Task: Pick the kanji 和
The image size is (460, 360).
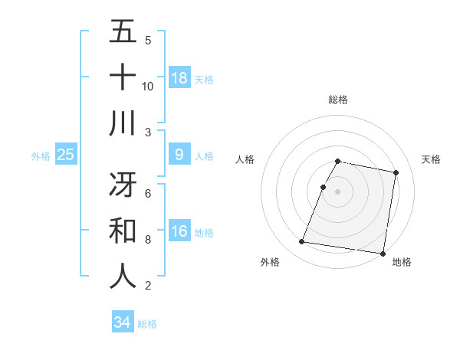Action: [x=123, y=230]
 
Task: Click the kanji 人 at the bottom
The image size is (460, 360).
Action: [x=123, y=276]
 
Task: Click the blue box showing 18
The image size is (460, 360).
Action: [x=179, y=77]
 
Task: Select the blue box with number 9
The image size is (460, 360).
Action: [x=179, y=155]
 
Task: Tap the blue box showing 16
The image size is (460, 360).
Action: [x=179, y=232]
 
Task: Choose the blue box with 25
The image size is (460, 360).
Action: [x=65, y=155]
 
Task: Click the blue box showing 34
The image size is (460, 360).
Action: [x=122, y=322]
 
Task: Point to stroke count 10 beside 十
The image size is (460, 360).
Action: [x=147, y=86]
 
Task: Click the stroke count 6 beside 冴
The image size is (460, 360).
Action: [x=148, y=193]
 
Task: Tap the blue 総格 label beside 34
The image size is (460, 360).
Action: [x=147, y=324]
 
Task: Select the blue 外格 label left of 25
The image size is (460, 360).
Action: [x=41, y=156]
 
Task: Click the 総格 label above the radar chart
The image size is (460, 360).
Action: [x=338, y=100]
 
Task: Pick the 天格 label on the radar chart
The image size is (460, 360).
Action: [x=432, y=159]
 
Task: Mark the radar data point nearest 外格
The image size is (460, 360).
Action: [x=302, y=242]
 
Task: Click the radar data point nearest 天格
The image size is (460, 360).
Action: [x=396, y=173]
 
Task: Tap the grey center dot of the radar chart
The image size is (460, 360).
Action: [x=338, y=191]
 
